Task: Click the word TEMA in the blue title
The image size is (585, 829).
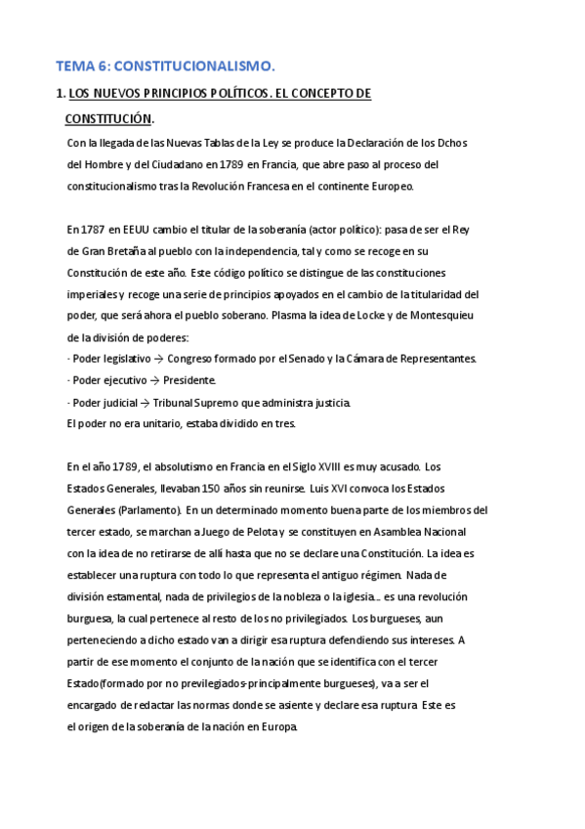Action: pos(74,66)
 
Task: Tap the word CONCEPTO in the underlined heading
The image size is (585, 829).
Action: pos(311,94)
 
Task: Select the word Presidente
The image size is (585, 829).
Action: pos(189,380)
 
